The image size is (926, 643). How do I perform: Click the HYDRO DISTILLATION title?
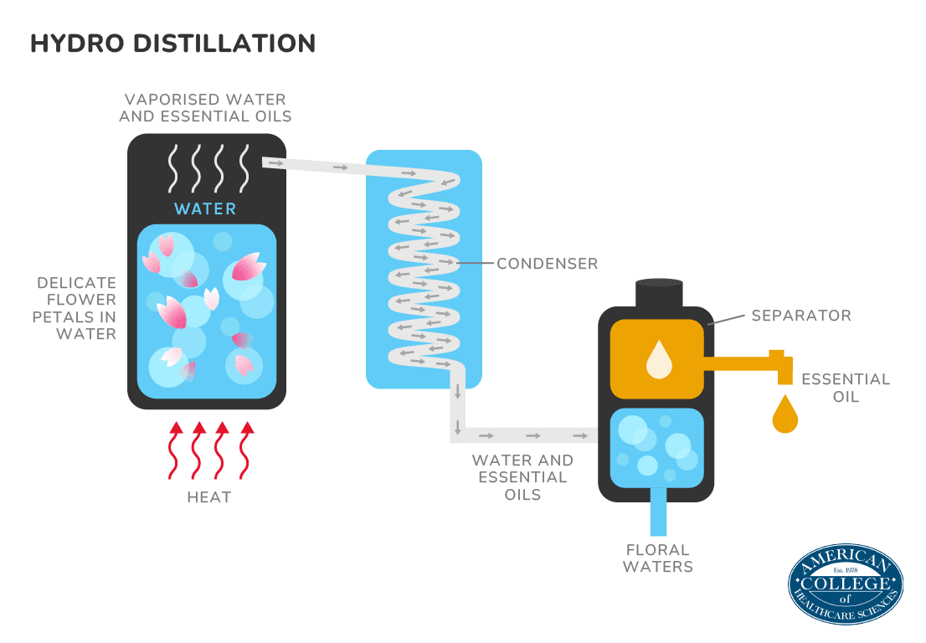172,44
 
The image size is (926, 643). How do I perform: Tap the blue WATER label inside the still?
205,208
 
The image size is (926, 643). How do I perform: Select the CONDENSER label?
547,264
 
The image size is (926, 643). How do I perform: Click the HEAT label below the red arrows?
208,497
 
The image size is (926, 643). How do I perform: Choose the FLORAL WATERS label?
659,558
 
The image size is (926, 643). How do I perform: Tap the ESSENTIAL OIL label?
846,388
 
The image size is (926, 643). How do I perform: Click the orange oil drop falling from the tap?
785,414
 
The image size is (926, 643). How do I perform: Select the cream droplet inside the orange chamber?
659,359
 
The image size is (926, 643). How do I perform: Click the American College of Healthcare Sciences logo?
845,586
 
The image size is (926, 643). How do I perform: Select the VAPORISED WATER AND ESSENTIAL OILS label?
205,108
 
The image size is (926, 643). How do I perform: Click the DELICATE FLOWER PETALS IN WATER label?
75,308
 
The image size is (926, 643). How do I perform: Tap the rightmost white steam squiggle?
244,168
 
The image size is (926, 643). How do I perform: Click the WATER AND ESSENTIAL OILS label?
522,477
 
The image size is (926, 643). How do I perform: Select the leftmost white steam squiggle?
174,168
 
